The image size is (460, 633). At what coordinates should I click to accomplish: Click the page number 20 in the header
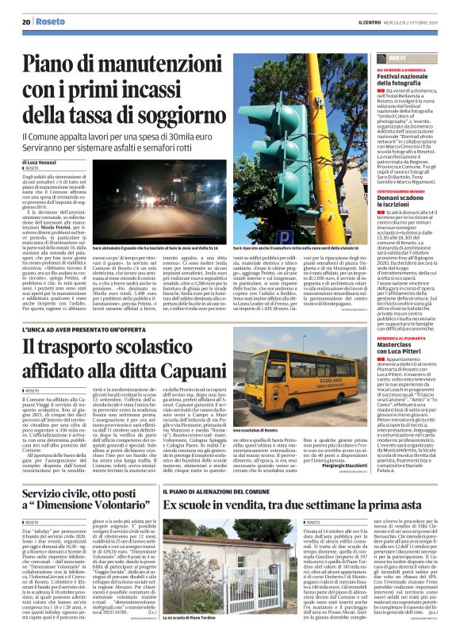(25, 21)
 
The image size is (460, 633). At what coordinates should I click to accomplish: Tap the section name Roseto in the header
(50, 21)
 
